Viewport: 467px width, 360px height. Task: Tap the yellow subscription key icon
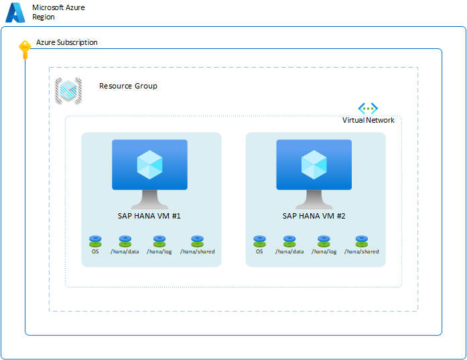[x=25, y=50]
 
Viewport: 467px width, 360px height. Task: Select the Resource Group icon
[x=68, y=91]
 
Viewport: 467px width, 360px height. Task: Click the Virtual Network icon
[x=368, y=108]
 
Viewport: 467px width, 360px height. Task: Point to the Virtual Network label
[x=368, y=120]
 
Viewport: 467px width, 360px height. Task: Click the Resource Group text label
[x=128, y=86]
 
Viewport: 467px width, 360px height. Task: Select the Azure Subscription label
[x=66, y=42]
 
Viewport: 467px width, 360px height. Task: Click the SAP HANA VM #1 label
[x=149, y=216]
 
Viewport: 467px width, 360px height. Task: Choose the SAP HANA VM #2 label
[x=314, y=216]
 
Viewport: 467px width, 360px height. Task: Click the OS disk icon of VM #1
[x=95, y=241]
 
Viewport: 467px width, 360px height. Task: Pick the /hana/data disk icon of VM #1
[x=125, y=241]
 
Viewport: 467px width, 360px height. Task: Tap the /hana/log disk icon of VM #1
[x=159, y=241]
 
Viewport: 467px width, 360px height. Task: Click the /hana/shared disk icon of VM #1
[x=197, y=241]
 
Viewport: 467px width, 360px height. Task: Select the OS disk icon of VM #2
[x=259, y=241]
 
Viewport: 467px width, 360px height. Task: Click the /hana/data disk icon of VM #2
[x=289, y=241]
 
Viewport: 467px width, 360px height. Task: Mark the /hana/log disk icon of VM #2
[x=324, y=241]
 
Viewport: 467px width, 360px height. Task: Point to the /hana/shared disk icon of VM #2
[x=362, y=241]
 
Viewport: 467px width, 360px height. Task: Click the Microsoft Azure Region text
[x=58, y=12]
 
